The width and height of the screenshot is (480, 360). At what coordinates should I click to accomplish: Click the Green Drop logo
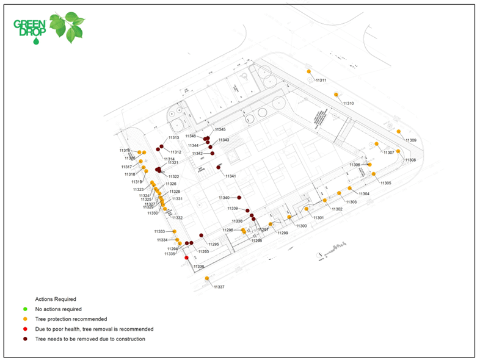pyautogui.click(x=49, y=27)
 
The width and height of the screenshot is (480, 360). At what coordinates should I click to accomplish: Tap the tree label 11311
pyautogui.click(x=321, y=81)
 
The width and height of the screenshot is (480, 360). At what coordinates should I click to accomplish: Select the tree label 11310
pyautogui.click(x=348, y=104)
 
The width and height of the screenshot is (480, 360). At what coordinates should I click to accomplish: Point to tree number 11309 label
pyautogui.click(x=411, y=140)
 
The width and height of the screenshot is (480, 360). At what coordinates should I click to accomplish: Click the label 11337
pyautogui.click(x=219, y=287)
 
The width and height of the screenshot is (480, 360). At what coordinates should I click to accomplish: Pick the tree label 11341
pyautogui.click(x=230, y=176)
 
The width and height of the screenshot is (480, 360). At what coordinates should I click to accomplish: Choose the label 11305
pyautogui.click(x=385, y=183)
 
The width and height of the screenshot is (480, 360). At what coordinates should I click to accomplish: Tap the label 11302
pyautogui.click(x=337, y=209)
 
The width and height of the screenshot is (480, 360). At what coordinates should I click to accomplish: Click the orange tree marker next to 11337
pyautogui.click(x=207, y=279)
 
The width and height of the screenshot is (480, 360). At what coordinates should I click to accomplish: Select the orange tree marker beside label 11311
pyautogui.click(x=309, y=71)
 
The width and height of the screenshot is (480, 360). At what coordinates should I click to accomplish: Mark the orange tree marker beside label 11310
pyautogui.click(x=336, y=94)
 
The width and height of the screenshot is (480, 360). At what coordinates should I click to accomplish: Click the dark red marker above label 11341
pyautogui.click(x=219, y=167)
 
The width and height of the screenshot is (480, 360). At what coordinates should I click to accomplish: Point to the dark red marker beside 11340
pyautogui.click(x=239, y=198)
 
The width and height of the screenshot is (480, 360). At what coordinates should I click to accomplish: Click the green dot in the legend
pyautogui.click(x=26, y=309)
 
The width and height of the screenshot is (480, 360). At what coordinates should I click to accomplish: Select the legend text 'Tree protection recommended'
pyautogui.click(x=71, y=319)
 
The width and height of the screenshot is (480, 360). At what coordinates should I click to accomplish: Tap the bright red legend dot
pyautogui.click(x=26, y=329)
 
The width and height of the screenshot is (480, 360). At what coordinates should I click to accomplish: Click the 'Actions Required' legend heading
pyautogui.click(x=56, y=299)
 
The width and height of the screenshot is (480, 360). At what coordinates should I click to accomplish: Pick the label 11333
pyautogui.click(x=160, y=232)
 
